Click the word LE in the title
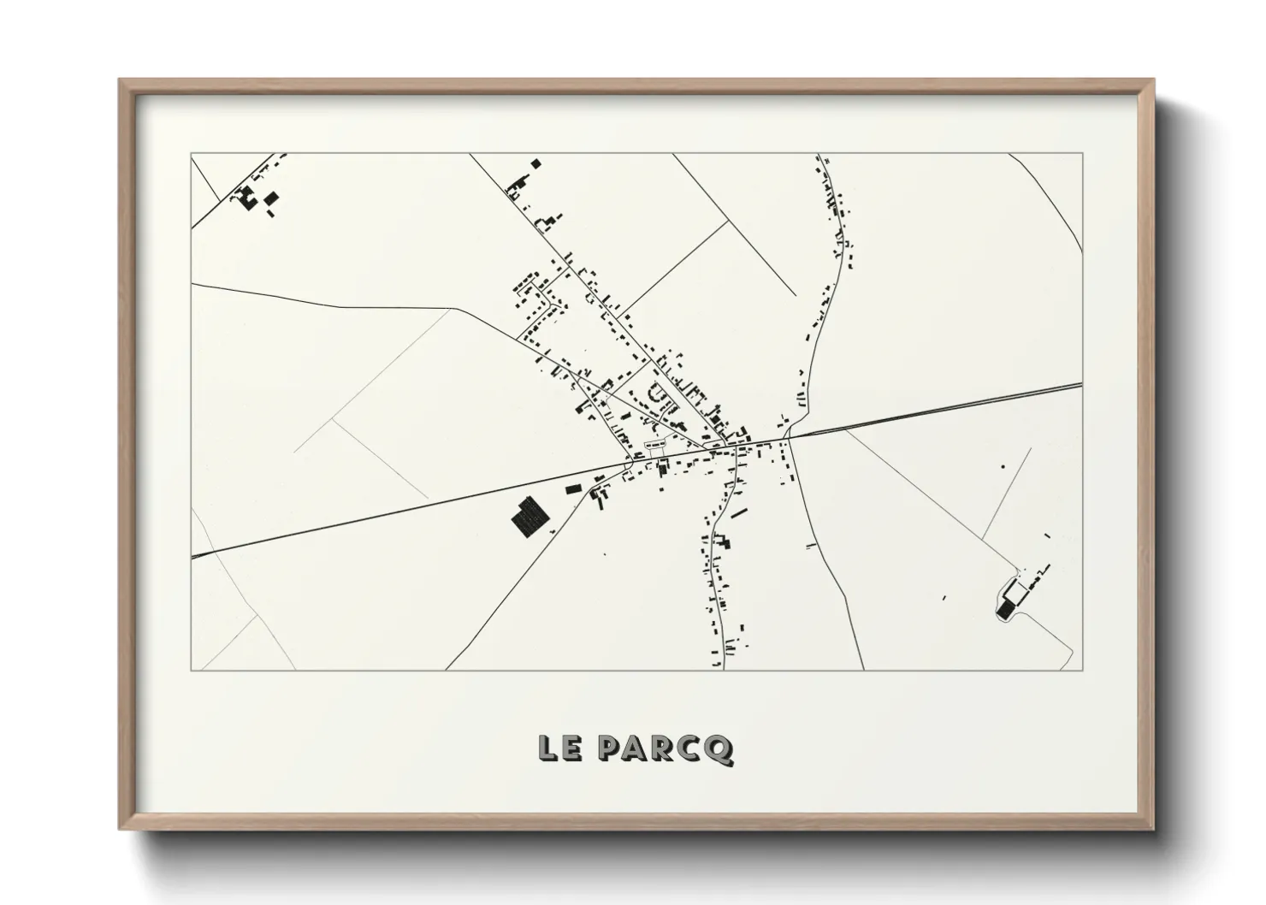pyautogui.click(x=561, y=748)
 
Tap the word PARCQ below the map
pyautogui.click(x=666, y=749)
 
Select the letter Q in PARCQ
pyautogui.click(x=720, y=750)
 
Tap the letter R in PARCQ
pyautogui.click(x=666, y=749)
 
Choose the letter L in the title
pyautogui.click(x=548, y=748)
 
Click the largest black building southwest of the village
pyautogui.click(x=529, y=518)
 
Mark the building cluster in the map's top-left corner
pyautogui.click(x=255, y=198)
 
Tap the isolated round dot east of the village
pyautogui.click(x=1003, y=466)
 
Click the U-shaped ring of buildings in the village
pyautogui.click(x=660, y=394)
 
